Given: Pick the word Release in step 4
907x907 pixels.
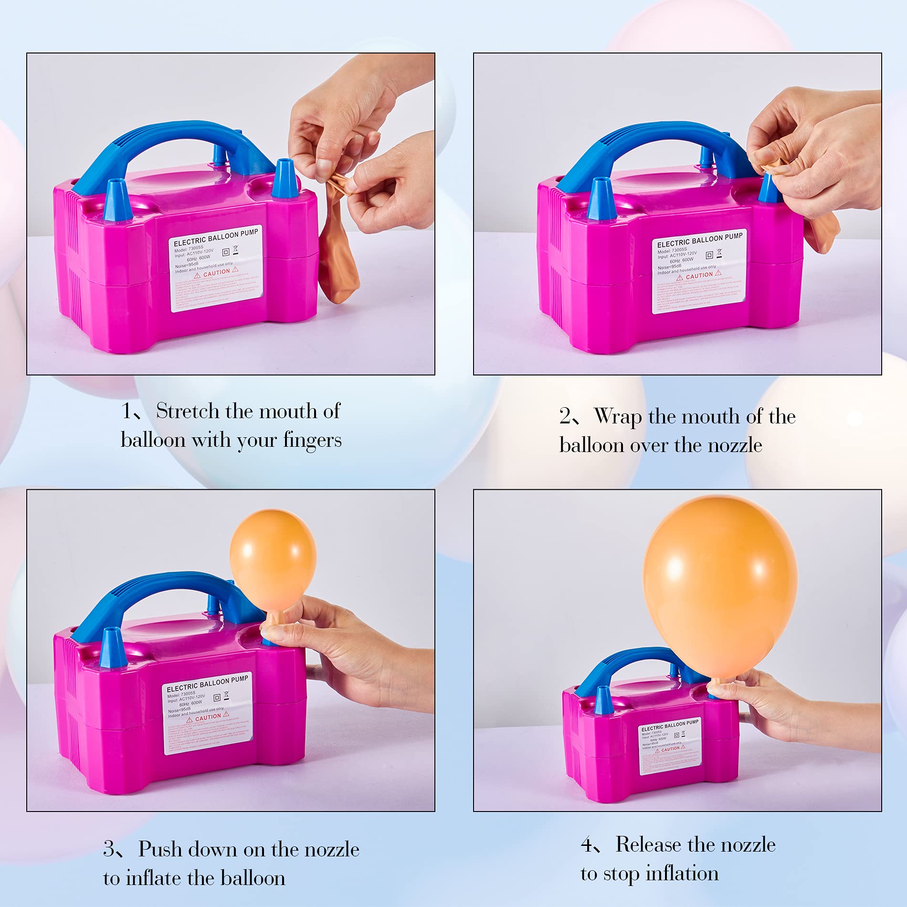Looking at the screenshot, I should [650, 844].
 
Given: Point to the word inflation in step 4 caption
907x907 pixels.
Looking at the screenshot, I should [682, 874].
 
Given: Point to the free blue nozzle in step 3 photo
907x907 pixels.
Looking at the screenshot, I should [113, 647].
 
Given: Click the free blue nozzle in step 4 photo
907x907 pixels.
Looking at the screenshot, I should [602, 700].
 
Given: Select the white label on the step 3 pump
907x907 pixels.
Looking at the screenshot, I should [208, 714].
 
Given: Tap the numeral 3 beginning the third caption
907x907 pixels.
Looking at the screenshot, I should [109, 849].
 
